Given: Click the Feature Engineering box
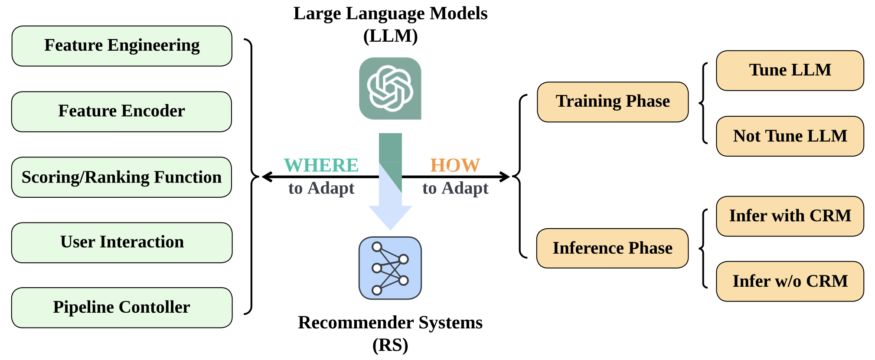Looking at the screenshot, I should [x=122, y=46].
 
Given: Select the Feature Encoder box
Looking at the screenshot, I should [x=121, y=111].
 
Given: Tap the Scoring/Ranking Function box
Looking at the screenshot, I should [x=121, y=177].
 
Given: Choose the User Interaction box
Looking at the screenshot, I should [x=122, y=242].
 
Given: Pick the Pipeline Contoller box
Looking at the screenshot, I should [x=122, y=308].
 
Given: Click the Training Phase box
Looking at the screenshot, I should [x=613, y=102].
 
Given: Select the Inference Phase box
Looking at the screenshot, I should [x=612, y=249].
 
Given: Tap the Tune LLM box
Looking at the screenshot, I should [x=790, y=71].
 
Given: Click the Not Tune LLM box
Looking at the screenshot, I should [x=790, y=136].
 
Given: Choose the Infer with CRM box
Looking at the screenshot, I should [x=790, y=216].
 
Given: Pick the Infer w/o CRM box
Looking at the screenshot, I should [x=790, y=281].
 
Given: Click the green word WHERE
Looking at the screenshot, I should [x=321, y=165].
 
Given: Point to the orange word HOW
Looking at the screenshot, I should [x=455, y=165].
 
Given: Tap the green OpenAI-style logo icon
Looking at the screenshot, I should [x=390, y=88].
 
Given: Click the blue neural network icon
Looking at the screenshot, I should [x=390, y=268].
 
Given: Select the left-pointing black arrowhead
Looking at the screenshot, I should [x=266, y=177].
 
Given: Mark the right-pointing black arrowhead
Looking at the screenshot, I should [x=505, y=177].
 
